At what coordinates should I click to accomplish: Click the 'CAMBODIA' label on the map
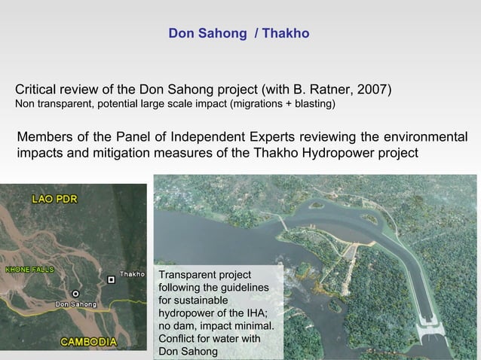pos(88,341)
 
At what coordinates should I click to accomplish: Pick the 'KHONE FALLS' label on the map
pos(27,269)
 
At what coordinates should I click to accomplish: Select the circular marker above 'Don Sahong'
pos(75,293)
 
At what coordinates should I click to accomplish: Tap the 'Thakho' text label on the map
pos(133,274)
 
